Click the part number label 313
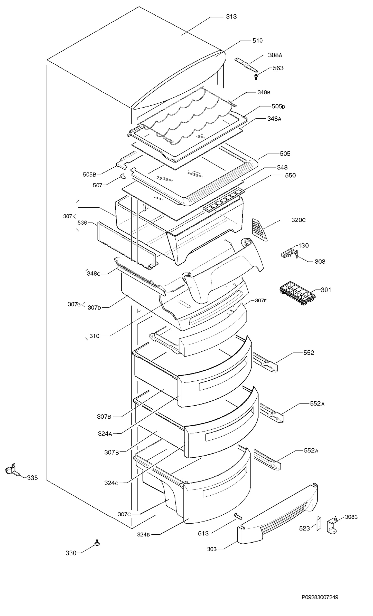[x=231, y=17]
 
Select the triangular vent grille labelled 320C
[x=259, y=229]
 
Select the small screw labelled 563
[x=256, y=76]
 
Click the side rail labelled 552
[x=265, y=362]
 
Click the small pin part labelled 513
[x=238, y=516]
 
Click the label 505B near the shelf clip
[x=89, y=175]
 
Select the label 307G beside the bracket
[x=74, y=304]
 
